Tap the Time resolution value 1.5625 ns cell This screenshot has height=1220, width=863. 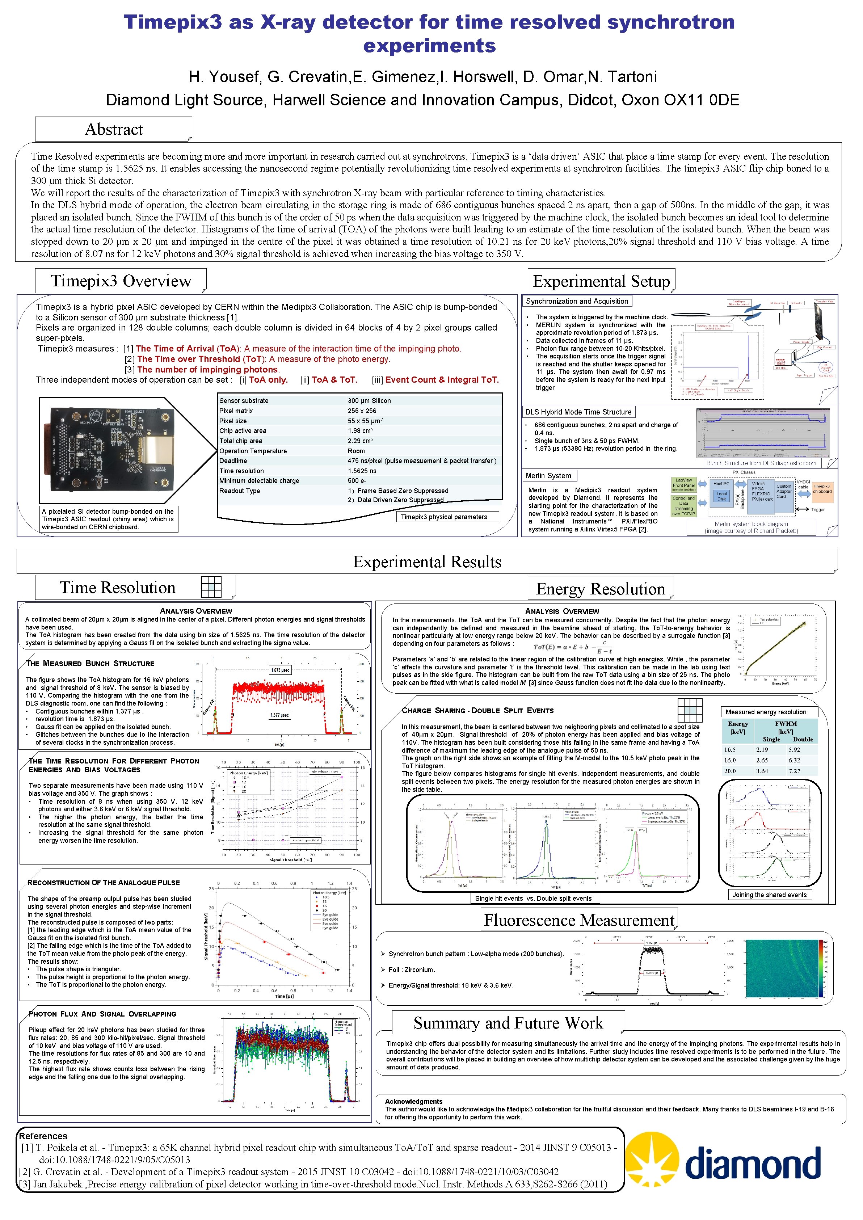362,471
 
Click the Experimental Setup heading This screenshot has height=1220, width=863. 601,281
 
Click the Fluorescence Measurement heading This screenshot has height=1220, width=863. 579,920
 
